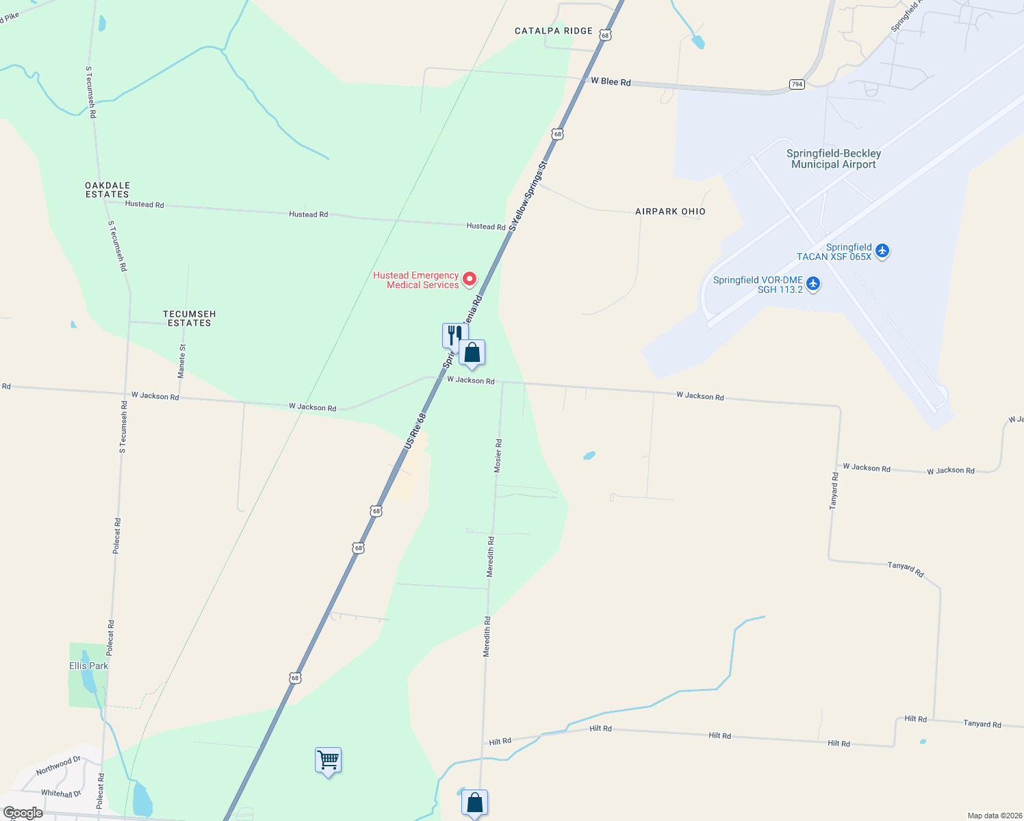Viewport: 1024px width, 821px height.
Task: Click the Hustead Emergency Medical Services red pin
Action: coord(470,279)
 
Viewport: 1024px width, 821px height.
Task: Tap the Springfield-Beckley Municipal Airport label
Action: coord(833,159)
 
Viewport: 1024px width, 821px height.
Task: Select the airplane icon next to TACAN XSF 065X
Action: coord(882,251)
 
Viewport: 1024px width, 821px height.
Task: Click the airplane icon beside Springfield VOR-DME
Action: coord(813,283)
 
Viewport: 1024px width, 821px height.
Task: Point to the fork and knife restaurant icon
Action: coord(453,335)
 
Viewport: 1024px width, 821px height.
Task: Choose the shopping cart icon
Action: coord(329,759)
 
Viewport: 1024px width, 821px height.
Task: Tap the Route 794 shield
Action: coord(796,84)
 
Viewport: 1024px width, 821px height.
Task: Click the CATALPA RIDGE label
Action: coord(554,31)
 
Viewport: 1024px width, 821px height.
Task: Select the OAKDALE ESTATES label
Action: coord(107,190)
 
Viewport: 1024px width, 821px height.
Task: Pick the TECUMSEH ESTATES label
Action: coord(190,318)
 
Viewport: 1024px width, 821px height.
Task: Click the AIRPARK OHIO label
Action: coord(670,211)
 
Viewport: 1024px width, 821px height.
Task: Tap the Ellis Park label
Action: coord(88,666)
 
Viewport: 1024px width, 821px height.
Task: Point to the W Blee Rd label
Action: coord(611,81)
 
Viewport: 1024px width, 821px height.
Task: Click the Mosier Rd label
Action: coord(498,456)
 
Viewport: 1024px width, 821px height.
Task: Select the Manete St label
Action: coord(181,361)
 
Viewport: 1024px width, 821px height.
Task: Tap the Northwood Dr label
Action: coord(58,766)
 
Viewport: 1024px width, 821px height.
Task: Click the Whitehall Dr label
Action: coord(61,794)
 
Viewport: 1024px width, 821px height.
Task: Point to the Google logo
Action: coord(23,813)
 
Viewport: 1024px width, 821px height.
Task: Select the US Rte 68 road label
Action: coord(415,430)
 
